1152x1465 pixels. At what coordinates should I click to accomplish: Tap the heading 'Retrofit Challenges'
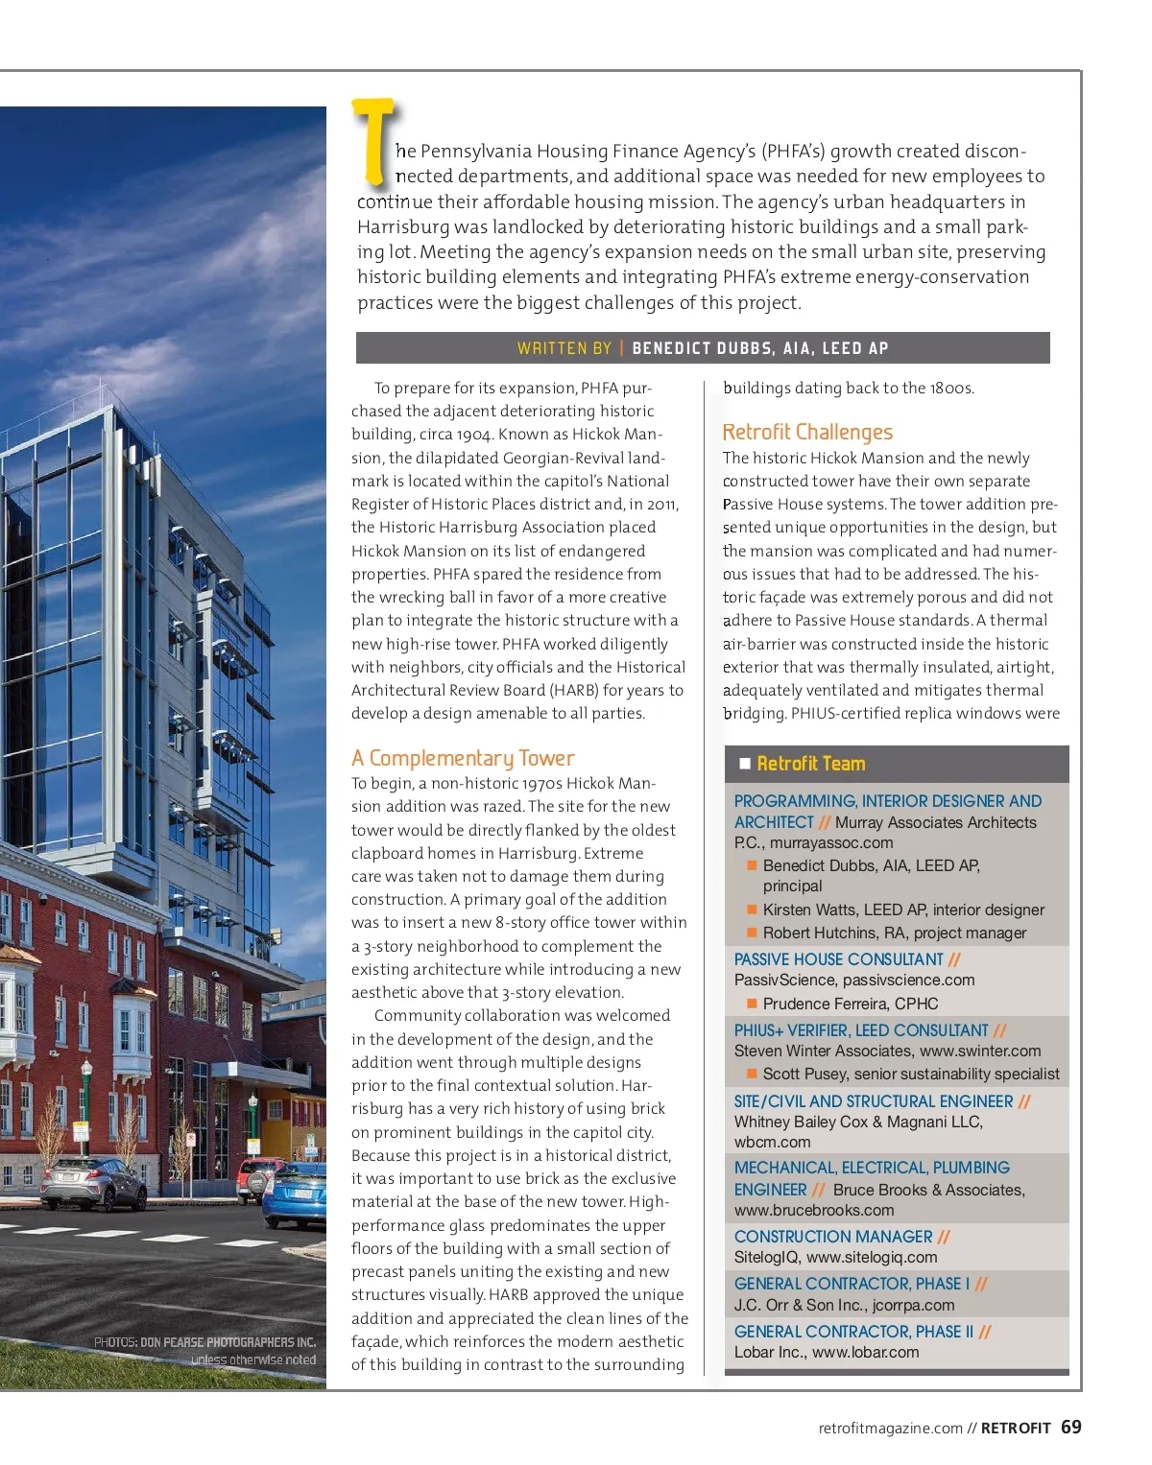(x=807, y=432)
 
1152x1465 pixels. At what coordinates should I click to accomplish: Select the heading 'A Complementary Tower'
(x=463, y=758)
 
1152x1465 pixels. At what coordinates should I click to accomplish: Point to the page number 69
(x=1071, y=1427)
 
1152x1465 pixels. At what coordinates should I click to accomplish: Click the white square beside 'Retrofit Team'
(x=745, y=764)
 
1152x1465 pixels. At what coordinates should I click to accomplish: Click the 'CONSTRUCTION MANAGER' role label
(x=833, y=1237)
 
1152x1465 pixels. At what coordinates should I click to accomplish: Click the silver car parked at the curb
(x=93, y=1182)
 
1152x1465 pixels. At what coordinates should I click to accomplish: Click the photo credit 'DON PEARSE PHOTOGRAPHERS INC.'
(x=228, y=1342)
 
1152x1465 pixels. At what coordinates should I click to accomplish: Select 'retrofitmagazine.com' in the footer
(x=890, y=1428)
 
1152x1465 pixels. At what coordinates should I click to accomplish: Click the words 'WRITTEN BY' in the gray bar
(x=564, y=348)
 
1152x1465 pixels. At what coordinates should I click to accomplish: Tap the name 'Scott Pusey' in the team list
(x=805, y=1074)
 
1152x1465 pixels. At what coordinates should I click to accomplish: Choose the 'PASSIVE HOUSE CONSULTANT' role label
(x=838, y=959)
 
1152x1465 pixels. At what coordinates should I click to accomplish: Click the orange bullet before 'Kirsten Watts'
(x=753, y=910)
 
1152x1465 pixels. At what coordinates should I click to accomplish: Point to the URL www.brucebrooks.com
(x=814, y=1210)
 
